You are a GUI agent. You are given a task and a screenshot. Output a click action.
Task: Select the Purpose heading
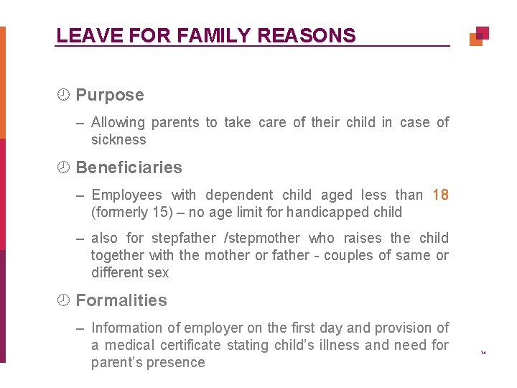tap(109, 95)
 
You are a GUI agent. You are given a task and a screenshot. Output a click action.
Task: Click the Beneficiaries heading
tap(129, 167)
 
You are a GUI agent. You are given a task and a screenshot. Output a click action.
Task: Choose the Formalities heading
tap(121, 300)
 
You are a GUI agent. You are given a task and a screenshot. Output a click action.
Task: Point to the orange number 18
tap(441, 195)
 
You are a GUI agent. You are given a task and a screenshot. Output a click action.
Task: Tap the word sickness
tap(118, 139)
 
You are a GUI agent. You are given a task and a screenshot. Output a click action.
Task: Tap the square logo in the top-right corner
tap(479, 36)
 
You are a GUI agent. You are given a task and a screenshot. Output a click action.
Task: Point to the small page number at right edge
tap(483, 353)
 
